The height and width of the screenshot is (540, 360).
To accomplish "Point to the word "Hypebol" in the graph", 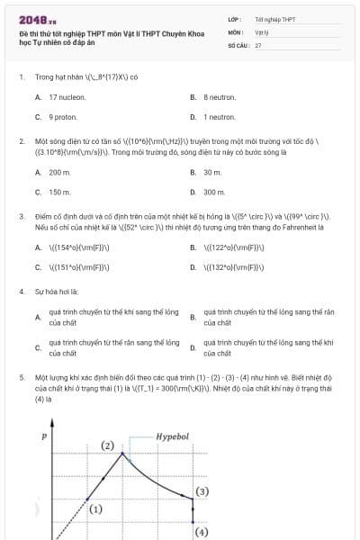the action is click(173, 436).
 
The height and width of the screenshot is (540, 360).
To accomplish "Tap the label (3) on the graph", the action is click(202, 491).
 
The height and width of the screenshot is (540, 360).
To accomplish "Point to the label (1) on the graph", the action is click(95, 508).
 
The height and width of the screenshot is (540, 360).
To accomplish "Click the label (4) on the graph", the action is click(201, 531).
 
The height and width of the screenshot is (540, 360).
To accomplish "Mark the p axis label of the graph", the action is click(43, 436).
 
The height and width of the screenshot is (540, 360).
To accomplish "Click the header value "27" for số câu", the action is click(258, 44).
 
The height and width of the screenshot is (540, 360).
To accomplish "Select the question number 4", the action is click(21, 292).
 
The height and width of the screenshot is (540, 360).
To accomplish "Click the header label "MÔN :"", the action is click(237, 31).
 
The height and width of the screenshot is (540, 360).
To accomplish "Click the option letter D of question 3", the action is click(193, 267).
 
